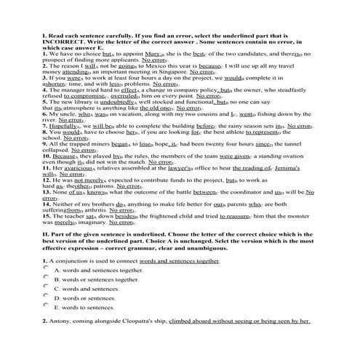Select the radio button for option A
pos(46,269)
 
